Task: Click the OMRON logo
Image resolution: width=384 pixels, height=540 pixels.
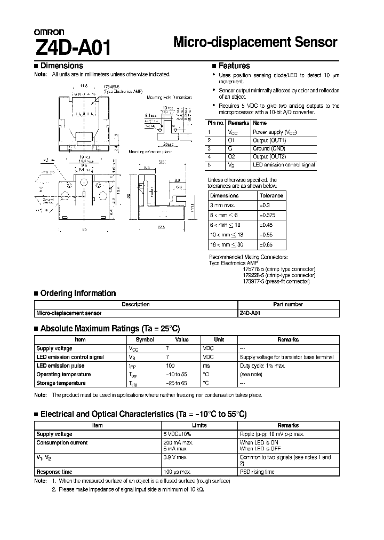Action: [50, 32]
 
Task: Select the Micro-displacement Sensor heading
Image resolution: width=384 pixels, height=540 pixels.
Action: [256, 43]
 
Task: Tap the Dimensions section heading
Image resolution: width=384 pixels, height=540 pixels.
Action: [61, 66]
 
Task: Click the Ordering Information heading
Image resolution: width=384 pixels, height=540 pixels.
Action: [78, 293]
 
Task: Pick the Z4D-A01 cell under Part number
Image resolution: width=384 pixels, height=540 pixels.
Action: [249, 313]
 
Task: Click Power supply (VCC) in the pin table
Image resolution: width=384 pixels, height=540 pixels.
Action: [275, 131]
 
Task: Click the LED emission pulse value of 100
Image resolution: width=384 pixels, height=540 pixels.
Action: [171, 366]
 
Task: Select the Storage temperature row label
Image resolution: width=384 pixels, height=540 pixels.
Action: [61, 383]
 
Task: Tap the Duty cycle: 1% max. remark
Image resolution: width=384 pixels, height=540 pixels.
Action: [262, 366]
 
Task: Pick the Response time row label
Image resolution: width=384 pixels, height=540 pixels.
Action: [54, 472]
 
